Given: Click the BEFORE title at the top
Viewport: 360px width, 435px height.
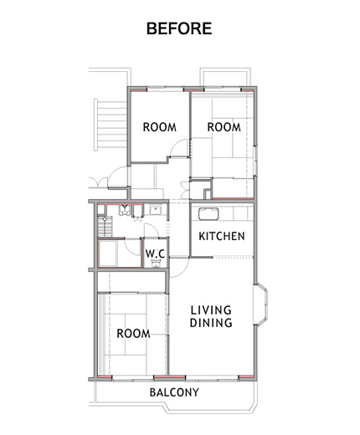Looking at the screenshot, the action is click(x=179, y=28).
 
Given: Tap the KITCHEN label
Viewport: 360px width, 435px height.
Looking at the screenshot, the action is click(x=222, y=236).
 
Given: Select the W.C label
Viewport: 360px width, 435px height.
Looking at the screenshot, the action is click(x=155, y=253).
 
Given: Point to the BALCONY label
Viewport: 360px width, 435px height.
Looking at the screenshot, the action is click(x=174, y=392).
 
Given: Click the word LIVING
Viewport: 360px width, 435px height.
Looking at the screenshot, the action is click(x=211, y=310).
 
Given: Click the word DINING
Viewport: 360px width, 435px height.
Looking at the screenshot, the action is click(x=211, y=323).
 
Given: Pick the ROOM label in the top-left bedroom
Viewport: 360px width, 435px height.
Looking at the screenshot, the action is click(x=160, y=127).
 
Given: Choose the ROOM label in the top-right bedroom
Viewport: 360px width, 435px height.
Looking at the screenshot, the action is click(x=224, y=127).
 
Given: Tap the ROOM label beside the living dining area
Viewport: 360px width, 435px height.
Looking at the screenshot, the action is click(x=133, y=334).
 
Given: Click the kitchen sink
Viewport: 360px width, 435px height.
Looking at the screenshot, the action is click(x=208, y=214).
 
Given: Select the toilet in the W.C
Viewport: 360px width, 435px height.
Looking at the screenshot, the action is click(x=156, y=263).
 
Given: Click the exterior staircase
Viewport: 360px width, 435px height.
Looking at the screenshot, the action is click(x=111, y=125).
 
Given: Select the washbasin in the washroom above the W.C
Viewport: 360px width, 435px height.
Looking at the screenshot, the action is click(x=155, y=209).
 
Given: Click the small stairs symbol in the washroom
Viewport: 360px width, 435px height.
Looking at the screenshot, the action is click(x=105, y=226).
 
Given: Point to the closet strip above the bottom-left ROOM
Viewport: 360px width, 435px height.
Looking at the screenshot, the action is click(x=131, y=282).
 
